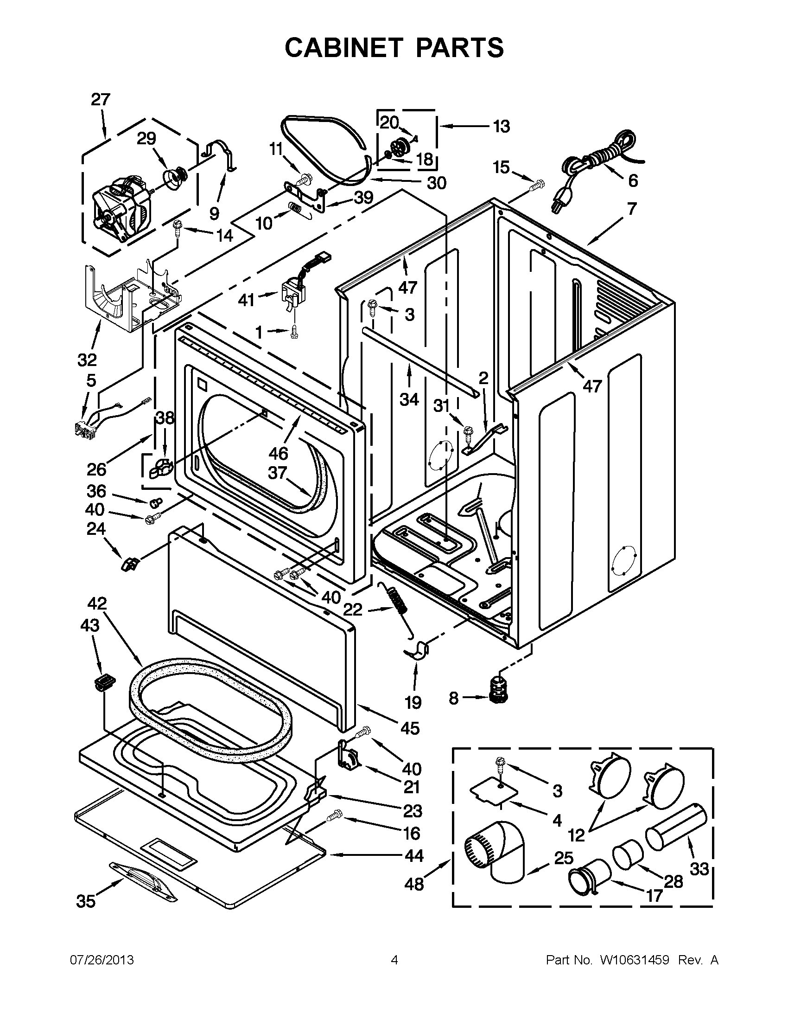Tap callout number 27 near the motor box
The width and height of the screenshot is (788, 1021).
tap(101, 100)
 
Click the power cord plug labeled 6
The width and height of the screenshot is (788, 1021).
tap(558, 202)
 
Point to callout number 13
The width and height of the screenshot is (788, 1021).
tap(501, 126)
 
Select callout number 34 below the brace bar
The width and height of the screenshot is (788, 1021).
tap(409, 399)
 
